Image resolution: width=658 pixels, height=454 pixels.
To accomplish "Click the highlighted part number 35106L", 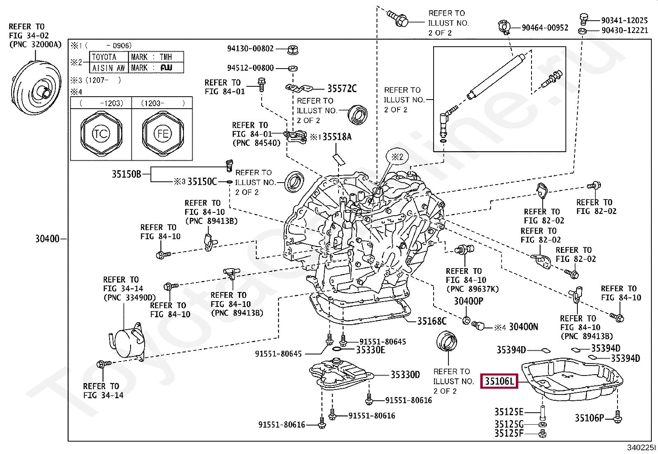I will point(499,381).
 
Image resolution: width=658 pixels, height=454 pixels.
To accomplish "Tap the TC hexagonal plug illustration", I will point(101,133).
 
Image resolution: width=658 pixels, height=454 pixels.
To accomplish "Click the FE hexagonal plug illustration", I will point(162,133).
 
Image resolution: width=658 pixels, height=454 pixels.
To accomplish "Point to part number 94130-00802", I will point(250,49).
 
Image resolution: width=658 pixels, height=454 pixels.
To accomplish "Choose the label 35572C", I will point(342,88).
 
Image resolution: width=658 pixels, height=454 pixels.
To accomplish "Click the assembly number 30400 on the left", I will point(47,239).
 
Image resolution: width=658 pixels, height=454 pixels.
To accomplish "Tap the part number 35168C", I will point(432,321).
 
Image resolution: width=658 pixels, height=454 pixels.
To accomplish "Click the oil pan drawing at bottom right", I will point(572,380).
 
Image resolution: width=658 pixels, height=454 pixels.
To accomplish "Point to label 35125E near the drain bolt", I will point(509,412).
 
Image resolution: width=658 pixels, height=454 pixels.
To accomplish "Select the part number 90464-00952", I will point(545,28).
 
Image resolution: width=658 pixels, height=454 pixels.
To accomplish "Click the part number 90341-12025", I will point(624,20).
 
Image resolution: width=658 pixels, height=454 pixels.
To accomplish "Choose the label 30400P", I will point(468,301).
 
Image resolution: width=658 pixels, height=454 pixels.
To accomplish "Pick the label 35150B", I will point(126,174).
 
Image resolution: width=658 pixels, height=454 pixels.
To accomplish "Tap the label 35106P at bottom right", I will point(589,418).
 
